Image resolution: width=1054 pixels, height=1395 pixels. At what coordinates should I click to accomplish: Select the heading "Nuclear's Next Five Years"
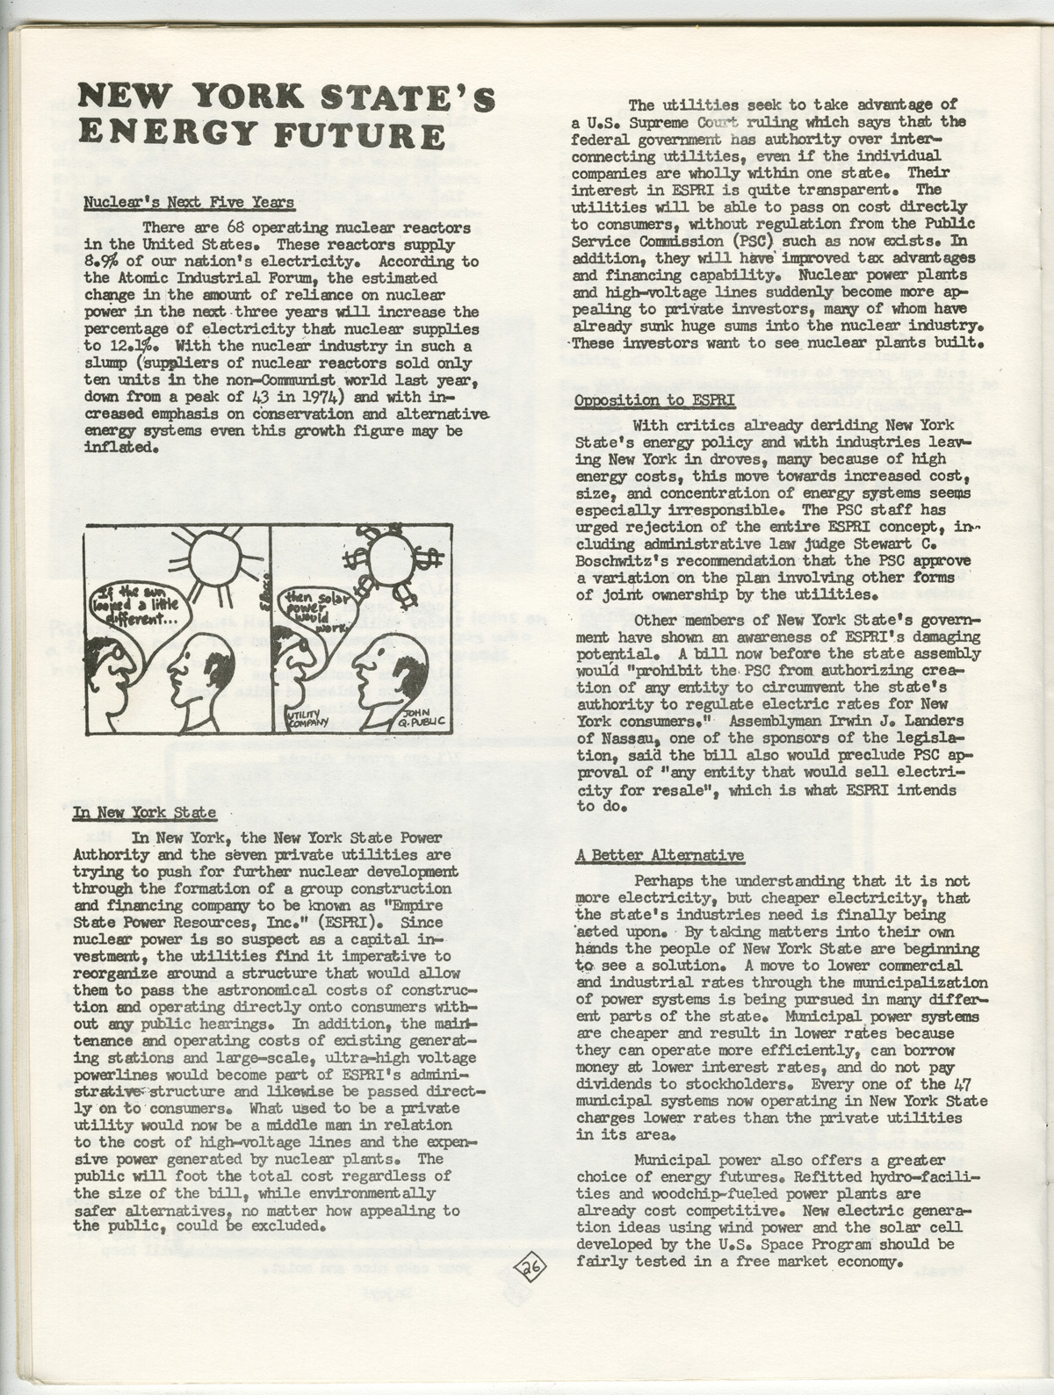pos(189,203)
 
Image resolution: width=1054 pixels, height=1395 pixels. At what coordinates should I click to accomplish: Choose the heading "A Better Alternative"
pos(660,855)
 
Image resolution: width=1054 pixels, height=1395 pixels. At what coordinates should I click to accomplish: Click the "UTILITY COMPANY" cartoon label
pos(307,721)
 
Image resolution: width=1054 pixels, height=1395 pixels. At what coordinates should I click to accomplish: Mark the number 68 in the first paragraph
pos(234,228)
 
